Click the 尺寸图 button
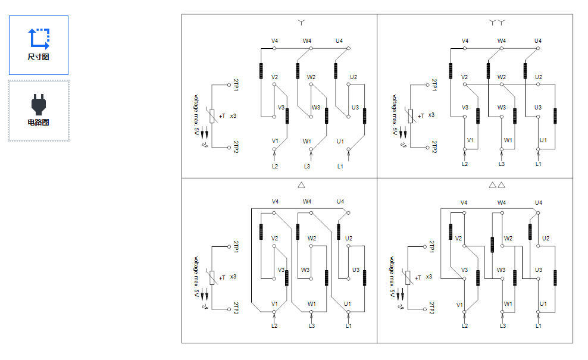tap(39, 45)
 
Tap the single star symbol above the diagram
tap(301, 23)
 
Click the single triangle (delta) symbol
tap(301, 185)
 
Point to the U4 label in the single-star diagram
tap(339, 41)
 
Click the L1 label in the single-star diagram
tap(340, 167)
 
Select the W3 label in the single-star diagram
tap(316, 108)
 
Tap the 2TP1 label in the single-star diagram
tap(236, 84)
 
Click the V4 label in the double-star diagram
tap(465, 41)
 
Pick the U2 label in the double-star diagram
tap(539, 77)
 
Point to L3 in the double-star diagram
tap(502, 164)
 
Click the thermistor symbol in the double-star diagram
tap(411, 116)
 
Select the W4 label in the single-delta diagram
tap(307, 202)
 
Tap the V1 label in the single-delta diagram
tap(275, 304)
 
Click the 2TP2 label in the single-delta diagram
tap(236, 308)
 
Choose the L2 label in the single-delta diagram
tap(274, 326)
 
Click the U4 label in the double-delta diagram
tap(539, 203)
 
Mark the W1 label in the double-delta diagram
tap(508, 304)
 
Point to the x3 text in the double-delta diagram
tap(429, 277)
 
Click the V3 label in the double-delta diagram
tap(464, 270)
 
